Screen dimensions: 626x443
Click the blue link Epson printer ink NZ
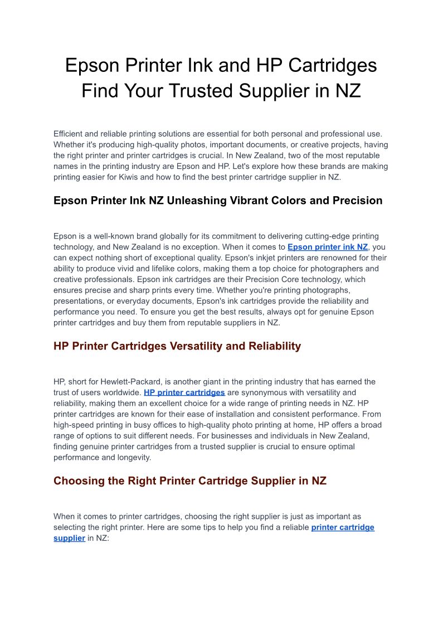(x=328, y=247)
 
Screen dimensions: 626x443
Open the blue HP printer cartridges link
(x=184, y=392)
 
